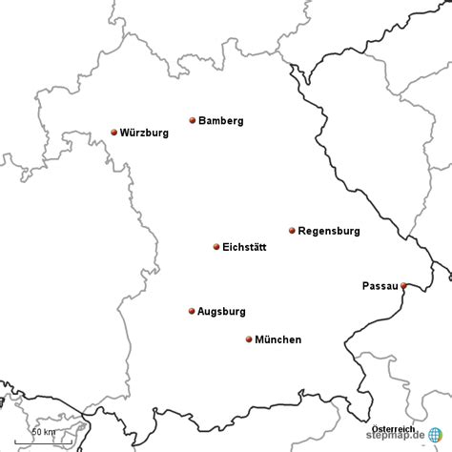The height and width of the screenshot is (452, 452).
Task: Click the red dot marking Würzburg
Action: (x=114, y=133)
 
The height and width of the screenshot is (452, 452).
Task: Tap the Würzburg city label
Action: (x=145, y=134)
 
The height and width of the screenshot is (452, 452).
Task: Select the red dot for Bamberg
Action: (x=193, y=120)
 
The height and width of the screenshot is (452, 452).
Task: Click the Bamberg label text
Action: (x=221, y=121)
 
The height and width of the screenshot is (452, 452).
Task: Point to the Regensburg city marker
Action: (x=292, y=230)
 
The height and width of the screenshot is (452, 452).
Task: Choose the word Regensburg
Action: (x=328, y=231)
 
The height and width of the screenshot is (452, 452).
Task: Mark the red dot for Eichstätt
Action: (x=216, y=247)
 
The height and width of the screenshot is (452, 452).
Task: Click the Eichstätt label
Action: (x=244, y=248)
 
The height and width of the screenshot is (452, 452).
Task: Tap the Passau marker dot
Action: (x=403, y=285)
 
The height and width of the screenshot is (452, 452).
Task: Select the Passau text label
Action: (x=380, y=286)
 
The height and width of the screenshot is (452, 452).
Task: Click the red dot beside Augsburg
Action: (x=192, y=311)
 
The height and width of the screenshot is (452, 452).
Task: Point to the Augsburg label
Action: (x=221, y=312)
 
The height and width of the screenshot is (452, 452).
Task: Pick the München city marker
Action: (x=249, y=339)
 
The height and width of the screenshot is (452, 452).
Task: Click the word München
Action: (x=278, y=339)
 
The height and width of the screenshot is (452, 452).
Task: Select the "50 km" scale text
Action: (x=43, y=432)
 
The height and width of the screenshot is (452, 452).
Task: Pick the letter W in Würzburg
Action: (x=125, y=134)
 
